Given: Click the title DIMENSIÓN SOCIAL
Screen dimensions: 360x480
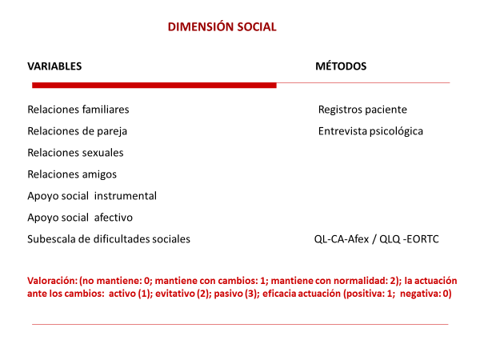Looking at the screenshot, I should tap(222, 26).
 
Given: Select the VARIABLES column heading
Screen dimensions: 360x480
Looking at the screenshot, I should tap(54, 66).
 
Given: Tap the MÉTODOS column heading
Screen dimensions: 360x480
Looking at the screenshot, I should tap(341, 66).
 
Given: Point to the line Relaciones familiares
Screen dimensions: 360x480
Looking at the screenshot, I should tap(78, 109).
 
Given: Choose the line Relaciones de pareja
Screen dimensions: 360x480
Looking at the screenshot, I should tap(77, 130).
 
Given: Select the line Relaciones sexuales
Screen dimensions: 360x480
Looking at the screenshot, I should tap(75, 152).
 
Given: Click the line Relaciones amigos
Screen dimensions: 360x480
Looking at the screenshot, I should tap(72, 174).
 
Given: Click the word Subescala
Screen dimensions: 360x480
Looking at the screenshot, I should tap(51, 238).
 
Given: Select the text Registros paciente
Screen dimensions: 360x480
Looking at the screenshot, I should tap(362, 109).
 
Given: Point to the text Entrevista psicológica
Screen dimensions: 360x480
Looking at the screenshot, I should tap(370, 130).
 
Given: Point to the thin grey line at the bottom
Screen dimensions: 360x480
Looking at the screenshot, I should tap(240, 324).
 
